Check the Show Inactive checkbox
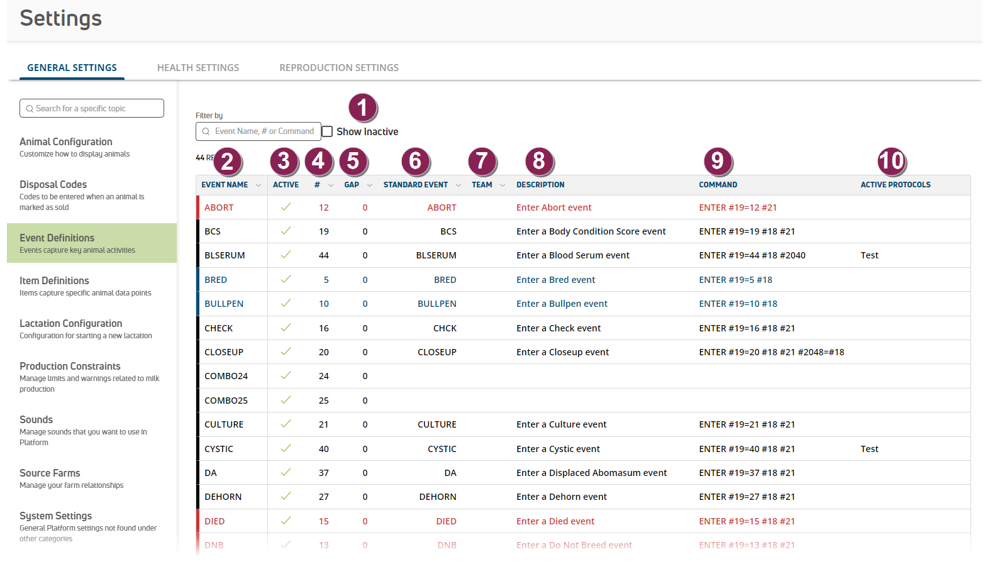click(x=328, y=131)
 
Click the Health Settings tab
click(x=198, y=68)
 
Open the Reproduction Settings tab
click(x=339, y=68)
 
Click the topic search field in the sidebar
click(x=92, y=108)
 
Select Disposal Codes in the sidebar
click(x=53, y=185)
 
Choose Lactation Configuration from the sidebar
click(x=71, y=324)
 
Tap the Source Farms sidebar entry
click(x=50, y=473)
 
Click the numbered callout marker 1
click(x=362, y=108)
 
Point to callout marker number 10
click(x=891, y=161)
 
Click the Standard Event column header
click(x=416, y=185)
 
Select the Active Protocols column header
click(x=895, y=185)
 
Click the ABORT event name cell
click(x=219, y=207)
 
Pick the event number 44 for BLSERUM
click(x=324, y=255)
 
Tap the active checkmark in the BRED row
click(x=286, y=279)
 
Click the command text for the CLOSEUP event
click(x=771, y=352)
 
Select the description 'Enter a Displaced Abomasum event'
click(x=591, y=473)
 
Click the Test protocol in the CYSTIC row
click(x=869, y=449)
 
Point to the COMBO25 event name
click(x=226, y=401)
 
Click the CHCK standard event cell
click(x=445, y=328)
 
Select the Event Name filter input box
click(x=259, y=131)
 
